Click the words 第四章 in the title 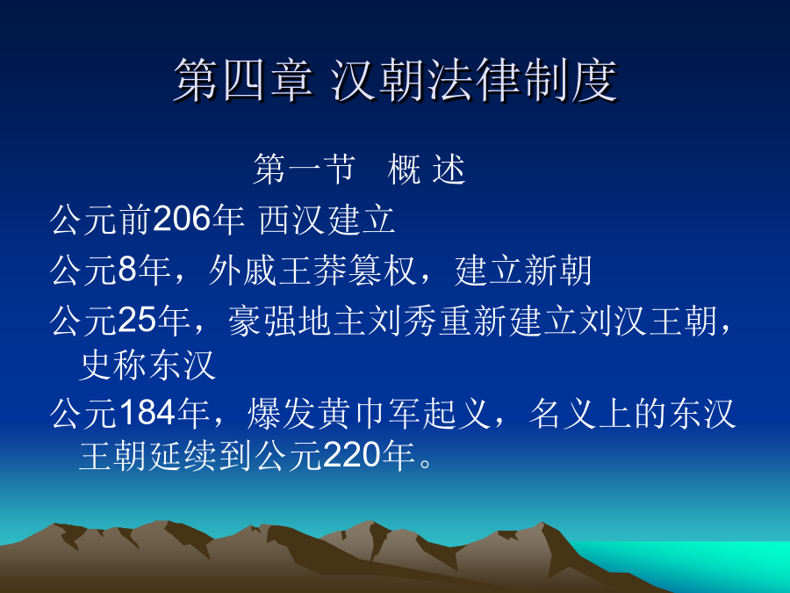(x=243, y=81)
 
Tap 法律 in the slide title (x=474, y=81)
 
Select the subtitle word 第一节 (x=304, y=169)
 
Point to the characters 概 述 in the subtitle (x=427, y=169)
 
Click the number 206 (x=182, y=220)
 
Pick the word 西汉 (x=292, y=220)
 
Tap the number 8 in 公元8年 (x=127, y=270)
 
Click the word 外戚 (x=242, y=271)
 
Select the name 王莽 (x=312, y=271)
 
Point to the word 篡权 (x=381, y=271)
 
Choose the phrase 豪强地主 (x=297, y=322)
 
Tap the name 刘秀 (x=401, y=322)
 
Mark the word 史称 (x=113, y=365)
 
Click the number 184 (x=147, y=413)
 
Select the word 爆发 (x=281, y=414)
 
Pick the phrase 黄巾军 (x=369, y=414)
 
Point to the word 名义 (x=563, y=414)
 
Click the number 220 (x=351, y=456)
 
